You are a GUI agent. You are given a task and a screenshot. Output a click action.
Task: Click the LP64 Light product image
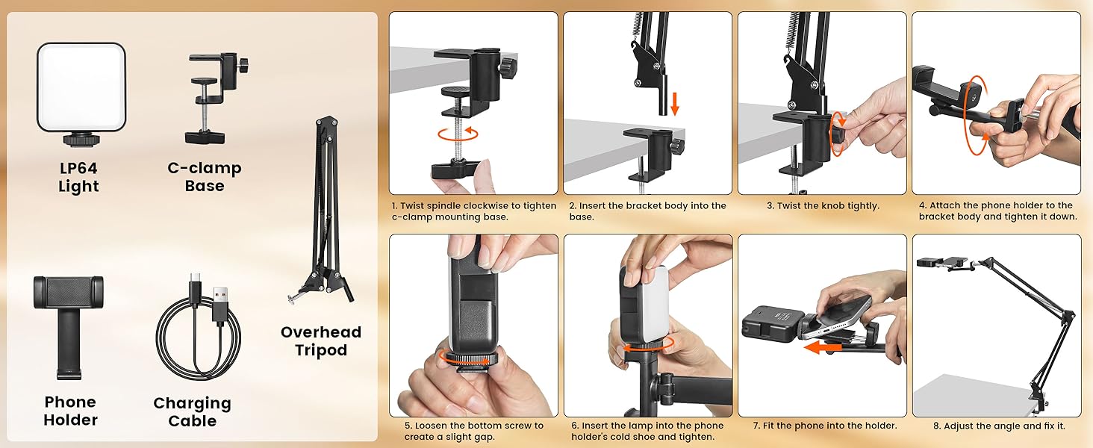tap(81, 88)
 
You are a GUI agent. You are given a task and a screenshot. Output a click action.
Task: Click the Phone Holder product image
tap(68, 324)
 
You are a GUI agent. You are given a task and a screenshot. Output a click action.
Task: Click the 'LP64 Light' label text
tap(78, 178)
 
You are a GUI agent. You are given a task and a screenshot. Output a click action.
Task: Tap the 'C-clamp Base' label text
tap(205, 177)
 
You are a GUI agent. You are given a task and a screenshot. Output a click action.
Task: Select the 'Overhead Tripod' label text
tap(321, 341)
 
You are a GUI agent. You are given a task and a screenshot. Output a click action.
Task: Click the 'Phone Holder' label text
tap(70, 411)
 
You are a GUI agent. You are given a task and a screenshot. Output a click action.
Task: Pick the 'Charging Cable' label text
tap(192, 411)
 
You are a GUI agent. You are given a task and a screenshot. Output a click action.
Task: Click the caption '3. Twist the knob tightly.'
tap(822, 206)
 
